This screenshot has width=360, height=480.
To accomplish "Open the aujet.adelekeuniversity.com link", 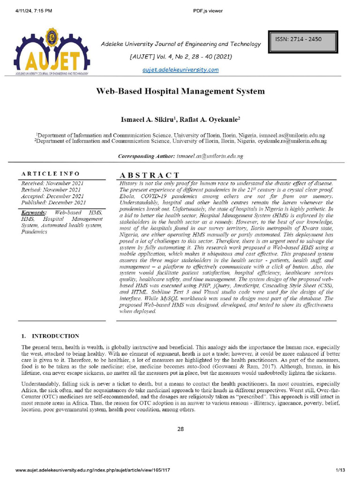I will (180, 70).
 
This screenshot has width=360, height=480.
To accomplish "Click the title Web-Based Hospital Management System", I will (180, 91).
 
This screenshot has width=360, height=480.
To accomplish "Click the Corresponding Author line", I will (180, 156).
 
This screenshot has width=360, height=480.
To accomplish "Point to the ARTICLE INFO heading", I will (50, 173).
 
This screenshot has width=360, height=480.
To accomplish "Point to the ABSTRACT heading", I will (150, 175).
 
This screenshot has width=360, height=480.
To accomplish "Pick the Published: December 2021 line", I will (53, 202).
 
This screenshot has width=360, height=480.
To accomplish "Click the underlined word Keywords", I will (34, 213).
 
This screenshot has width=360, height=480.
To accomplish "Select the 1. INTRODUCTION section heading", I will (50, 336).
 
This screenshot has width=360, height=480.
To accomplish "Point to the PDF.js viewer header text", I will (208, 11).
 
